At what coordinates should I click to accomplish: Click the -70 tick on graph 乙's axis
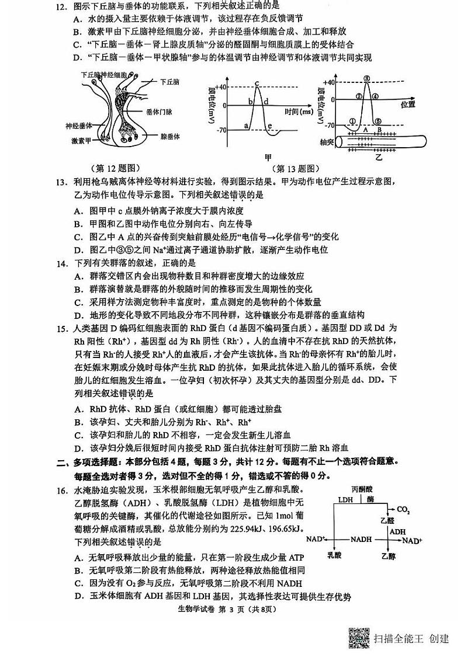coord(328,125)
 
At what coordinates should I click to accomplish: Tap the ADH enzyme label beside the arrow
coord(397,532)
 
